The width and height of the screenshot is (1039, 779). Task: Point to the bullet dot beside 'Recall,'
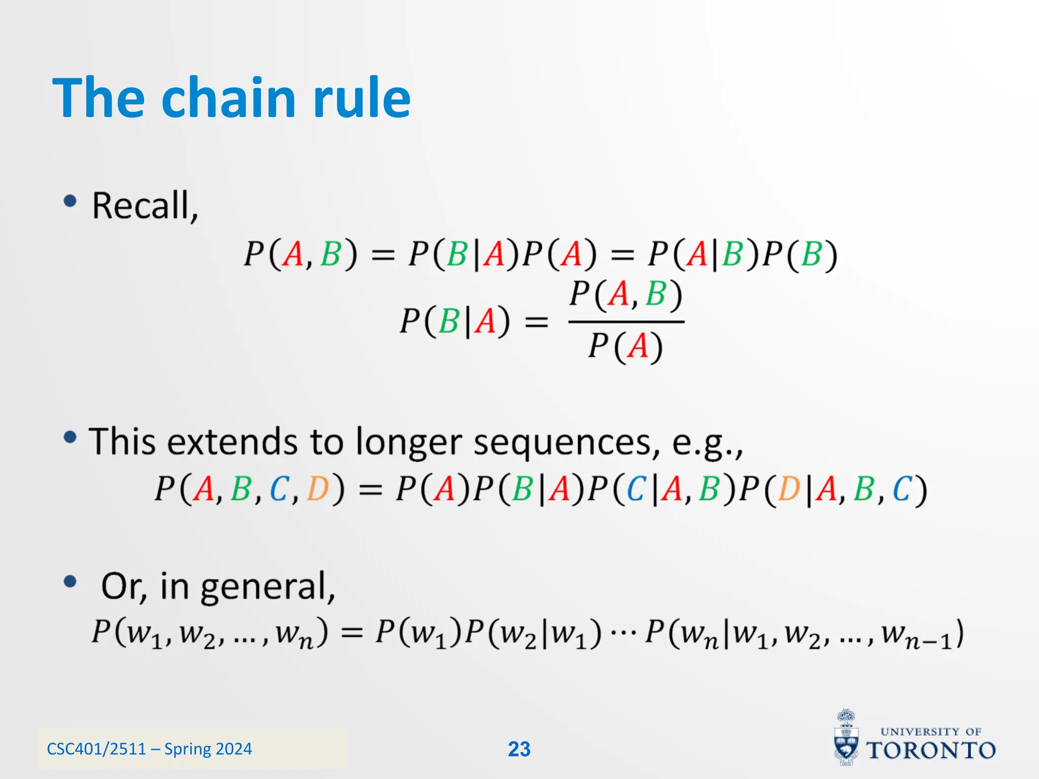pos(70,201)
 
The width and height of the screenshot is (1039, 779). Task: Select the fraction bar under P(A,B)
pos(626,322)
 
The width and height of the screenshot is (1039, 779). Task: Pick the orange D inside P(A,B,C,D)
pos(318,489)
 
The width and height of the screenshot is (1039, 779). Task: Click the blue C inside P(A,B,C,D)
pos(279,489)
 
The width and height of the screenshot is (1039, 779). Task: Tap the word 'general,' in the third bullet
pos(268,586)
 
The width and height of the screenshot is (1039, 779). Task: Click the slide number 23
pos(519,749)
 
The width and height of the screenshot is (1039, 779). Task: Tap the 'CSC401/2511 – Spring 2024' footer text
pos(149,749)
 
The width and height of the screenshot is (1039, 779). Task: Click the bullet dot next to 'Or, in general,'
pos(70,582)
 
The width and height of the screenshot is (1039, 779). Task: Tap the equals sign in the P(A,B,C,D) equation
pos(370,490)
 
